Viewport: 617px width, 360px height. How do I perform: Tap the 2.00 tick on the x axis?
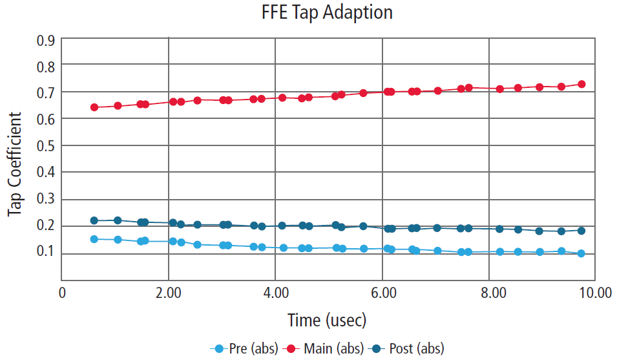coord(169,292)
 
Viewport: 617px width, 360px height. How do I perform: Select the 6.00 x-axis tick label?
coord(382,292)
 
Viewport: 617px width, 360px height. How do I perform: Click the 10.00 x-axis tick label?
coord(594,292)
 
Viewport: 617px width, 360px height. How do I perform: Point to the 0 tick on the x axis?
coord(62,292)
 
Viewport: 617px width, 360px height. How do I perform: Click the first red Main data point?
coord(94,107)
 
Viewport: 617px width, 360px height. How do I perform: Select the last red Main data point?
coord(581,84)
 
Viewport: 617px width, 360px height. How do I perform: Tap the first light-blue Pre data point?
coord(94,239)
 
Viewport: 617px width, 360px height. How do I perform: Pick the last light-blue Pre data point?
coord(581,253)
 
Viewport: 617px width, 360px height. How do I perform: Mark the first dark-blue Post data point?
coord(94,221)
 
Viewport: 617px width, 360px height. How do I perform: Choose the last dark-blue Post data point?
coord(581,231)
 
